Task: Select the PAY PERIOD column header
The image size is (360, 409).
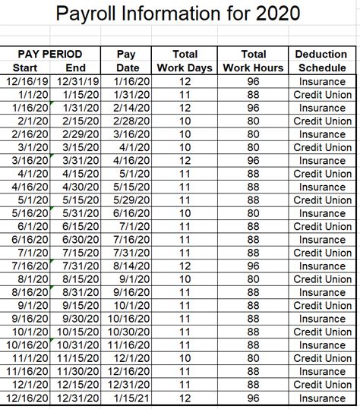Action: click(50, 54)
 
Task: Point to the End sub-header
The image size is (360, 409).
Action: click(76, 68)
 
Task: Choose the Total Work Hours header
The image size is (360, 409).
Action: click(253, 61)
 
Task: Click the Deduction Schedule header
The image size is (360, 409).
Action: click(322, 61)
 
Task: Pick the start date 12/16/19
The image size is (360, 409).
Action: click(25, 81)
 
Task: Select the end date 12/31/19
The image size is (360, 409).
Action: click(77, 81)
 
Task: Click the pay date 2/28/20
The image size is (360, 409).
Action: click(128, 121)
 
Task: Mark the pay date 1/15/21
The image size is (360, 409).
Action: click(128, 398)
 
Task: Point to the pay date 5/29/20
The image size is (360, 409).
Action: click(128, 200)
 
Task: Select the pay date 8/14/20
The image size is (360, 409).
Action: click(128, 266)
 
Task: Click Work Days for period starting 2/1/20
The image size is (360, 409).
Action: click(185, 121)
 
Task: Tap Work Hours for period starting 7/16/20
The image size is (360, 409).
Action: click(253, 266)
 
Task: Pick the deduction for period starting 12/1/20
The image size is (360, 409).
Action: click(322, 385)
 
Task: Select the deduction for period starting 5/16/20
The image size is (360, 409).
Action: click(322, 213)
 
